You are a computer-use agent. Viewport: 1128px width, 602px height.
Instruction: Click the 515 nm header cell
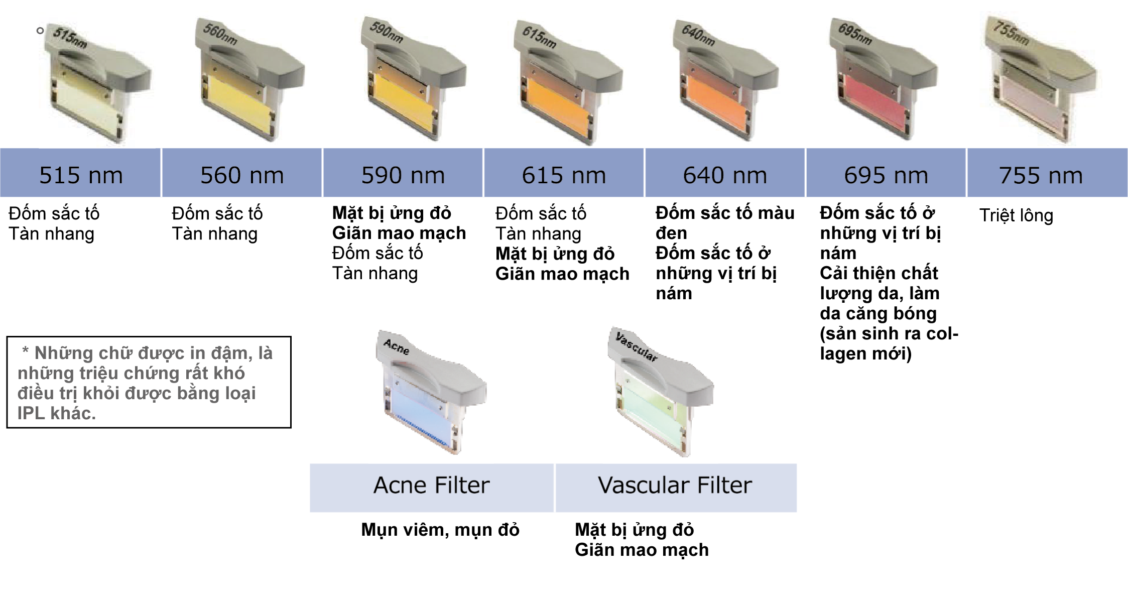(x=80, y=173)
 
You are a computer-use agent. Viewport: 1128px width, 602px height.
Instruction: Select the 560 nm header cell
(x=242, y=173)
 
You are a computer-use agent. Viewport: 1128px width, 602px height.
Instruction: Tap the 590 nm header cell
(x=403, y=173)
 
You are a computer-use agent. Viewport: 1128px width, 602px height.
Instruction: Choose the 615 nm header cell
(x=564, y=173)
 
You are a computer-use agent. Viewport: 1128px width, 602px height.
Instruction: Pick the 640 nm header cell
(x=725, y=173)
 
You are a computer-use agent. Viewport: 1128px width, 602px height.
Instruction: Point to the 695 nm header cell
(x=886, y=173)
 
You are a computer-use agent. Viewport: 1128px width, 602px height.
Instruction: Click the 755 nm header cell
(x=1047, y=173)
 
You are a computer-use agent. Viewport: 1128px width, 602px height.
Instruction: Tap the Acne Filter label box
(x=432, y=488)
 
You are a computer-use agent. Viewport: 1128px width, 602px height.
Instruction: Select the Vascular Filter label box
(x=676, y=488)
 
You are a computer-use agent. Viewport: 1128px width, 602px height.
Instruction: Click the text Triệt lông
(x=1016, y=215)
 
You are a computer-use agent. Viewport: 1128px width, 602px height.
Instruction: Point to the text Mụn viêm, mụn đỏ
(x=440, y=530)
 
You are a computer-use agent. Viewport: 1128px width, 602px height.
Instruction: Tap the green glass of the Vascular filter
(x=653, y=412)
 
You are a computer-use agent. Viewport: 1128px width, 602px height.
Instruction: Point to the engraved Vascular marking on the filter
(x=637, y=346)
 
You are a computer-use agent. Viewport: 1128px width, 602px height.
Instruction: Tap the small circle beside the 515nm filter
(x=40, y=31)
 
